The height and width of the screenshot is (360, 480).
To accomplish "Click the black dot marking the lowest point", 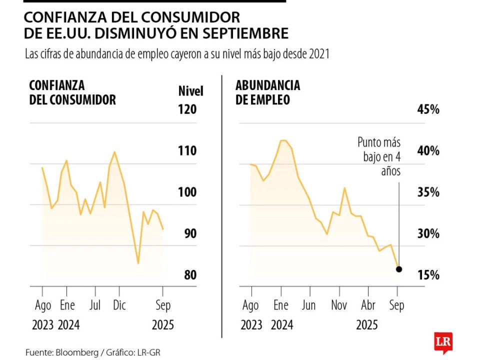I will [398, 269].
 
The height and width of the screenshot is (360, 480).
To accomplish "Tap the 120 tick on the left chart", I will [187, 109].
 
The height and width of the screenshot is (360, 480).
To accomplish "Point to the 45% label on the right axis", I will [428, 109].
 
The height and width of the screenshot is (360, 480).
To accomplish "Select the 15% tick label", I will [428, 275].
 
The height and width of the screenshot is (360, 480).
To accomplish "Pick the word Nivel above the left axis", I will [190, 91].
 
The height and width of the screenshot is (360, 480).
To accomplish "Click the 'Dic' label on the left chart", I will [119, 305].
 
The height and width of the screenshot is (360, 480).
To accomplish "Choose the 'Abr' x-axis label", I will [368, 305].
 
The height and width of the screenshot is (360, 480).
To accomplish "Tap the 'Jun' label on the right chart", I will [308, 305].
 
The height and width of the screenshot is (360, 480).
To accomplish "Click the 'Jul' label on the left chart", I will [95, 305].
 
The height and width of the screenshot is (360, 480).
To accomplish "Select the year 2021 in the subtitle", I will [319, 54].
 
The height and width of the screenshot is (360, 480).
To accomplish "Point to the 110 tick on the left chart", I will [187, 151].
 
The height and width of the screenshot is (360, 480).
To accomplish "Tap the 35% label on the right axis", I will [428, 192].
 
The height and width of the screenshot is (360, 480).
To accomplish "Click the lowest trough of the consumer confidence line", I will [138, 263].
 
